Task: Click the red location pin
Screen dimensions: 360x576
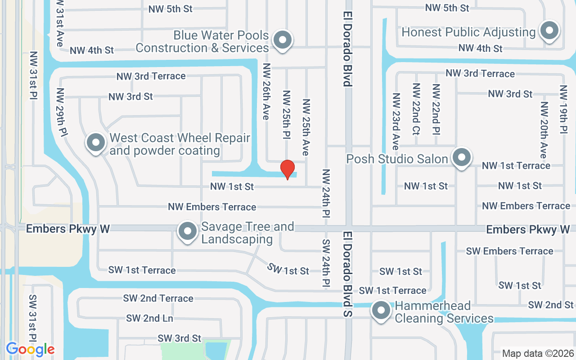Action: [x=288, y=169]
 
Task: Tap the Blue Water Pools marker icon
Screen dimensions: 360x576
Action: [x=283, y=40]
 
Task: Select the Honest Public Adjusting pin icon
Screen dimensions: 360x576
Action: [x=549, y=31]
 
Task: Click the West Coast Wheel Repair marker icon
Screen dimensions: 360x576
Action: [x=95, y=143]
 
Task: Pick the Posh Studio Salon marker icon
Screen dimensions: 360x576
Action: [x=461, y=158]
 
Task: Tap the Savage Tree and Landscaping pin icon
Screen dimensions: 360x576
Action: [x=188, y=232]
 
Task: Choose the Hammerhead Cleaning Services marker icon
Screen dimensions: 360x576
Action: [x=381, y=310]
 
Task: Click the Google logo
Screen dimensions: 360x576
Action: [x=30, y=349]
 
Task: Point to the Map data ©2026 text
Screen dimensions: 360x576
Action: [x=538, y=353]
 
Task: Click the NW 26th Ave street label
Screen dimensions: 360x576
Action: [x=266, y=91]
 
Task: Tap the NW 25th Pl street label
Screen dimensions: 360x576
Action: [x=286, y=114]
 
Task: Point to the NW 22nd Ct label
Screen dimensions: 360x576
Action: [x=416, y=109]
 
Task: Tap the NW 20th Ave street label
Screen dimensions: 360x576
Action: [x=544, y=130]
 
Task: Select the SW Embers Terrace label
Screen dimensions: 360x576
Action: [x=509, y=251]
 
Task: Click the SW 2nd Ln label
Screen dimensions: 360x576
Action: [x=149, y=318]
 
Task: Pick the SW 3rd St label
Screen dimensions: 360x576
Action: [x=179, y=338]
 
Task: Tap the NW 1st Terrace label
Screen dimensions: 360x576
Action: [x=516, y=166]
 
